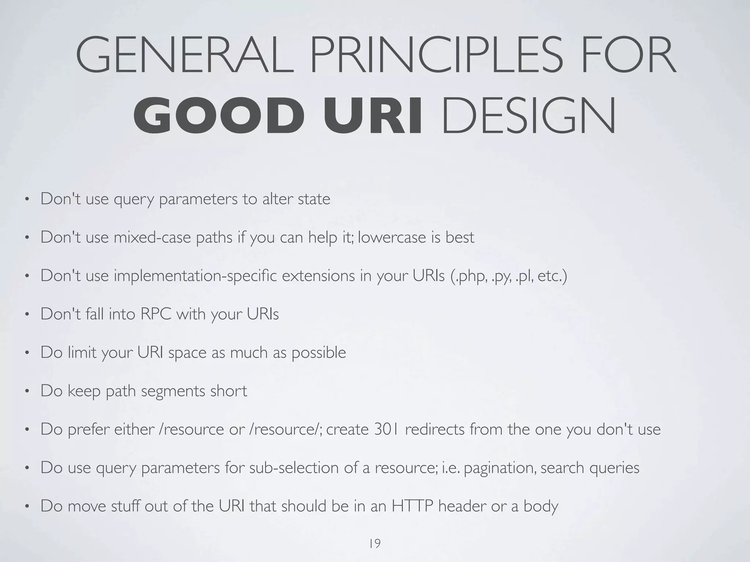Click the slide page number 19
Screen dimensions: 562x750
point(375,544)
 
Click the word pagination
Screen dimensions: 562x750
point(500,468)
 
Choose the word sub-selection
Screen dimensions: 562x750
point(294,468)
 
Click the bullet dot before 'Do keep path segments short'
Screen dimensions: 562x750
point(26,391)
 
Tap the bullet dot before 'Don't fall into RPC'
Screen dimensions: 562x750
point(26,315)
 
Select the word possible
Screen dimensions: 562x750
point(319,353)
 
